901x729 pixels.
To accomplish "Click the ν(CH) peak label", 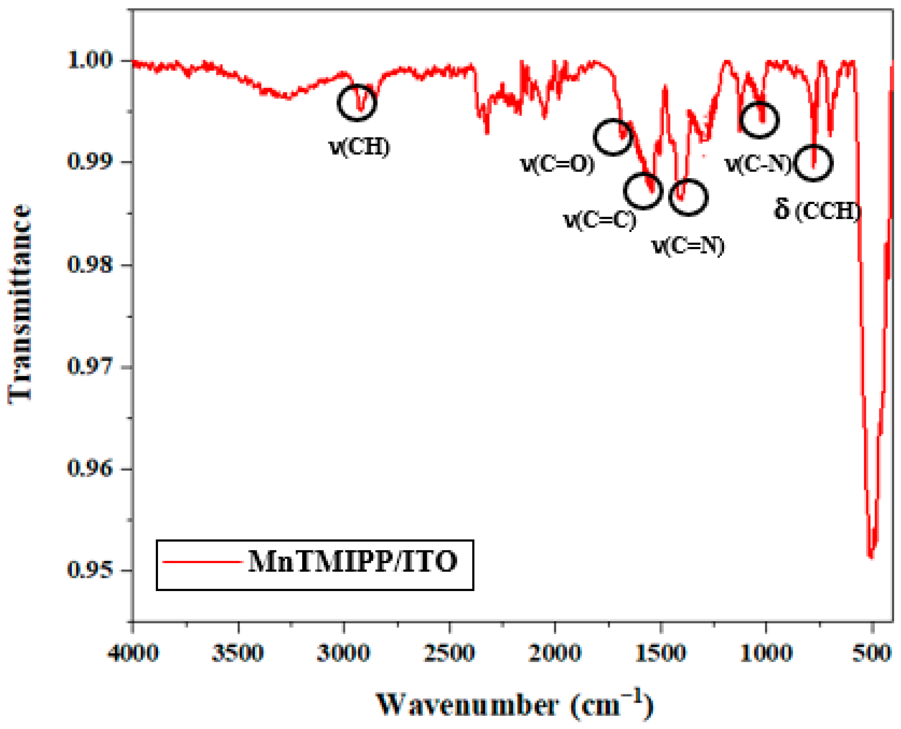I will coord(359,147).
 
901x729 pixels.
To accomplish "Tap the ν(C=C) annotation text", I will coord(600,219).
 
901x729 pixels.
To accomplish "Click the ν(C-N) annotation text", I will coord(758,164).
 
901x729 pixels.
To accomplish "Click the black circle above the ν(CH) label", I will coord(357,103).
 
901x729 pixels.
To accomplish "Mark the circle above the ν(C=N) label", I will coord(688,197).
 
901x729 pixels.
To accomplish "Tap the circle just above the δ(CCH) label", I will coord(814,163).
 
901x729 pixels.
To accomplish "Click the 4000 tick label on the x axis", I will coord(133,653).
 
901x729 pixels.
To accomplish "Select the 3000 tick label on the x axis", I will coord(344,653).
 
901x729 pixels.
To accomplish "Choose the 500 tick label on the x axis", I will coord(872,653).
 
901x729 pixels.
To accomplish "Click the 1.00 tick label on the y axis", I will coord(90,61).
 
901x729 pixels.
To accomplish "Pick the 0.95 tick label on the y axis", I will coord(90,570).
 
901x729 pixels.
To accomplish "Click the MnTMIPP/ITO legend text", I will coord(352,561).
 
